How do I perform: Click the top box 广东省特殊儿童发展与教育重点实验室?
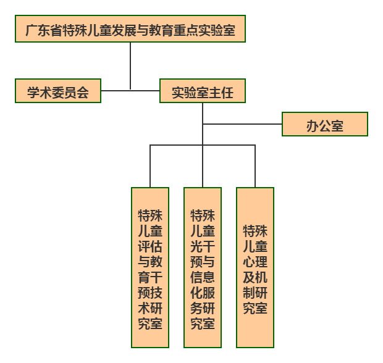click(130, 29)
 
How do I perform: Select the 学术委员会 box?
click(58, 91)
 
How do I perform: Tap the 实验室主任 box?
click(202, 91)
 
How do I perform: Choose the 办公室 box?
click(325, 125)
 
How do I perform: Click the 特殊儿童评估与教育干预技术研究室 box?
click(150, 267)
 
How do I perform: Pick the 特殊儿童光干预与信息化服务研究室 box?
click(203, 267)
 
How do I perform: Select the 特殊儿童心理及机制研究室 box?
click(255, 267)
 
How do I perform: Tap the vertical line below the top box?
click(130, 65)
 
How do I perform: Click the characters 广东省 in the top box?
click(43, 30)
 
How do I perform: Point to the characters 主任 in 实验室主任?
click(221, 92)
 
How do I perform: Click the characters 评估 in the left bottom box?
click(150, 246)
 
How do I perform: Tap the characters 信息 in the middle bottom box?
click(203, 276)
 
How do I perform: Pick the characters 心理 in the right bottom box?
click(255, 262)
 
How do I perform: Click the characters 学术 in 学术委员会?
click(41, 92)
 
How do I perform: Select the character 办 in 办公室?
click(313, 125)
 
